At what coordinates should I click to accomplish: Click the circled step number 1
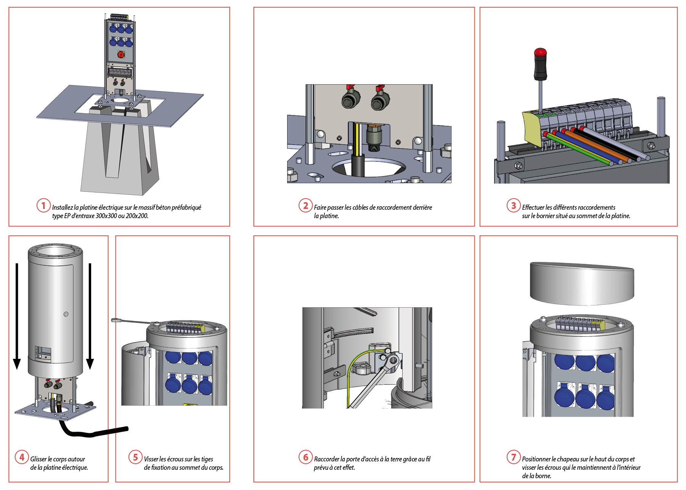tap(43, 206)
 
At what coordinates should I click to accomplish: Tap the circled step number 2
tap(305, 206)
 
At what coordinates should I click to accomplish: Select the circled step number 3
tap(514, 206)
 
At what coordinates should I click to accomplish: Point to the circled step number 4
tap(22, 457)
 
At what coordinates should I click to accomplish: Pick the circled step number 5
tap(135, 457)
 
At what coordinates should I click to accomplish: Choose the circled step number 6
tap(305, 457)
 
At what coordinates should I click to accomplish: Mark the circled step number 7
tap(514, 457)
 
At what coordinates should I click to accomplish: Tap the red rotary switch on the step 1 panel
tap(121, 55)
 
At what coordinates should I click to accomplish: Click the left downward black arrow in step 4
tap(17, 316)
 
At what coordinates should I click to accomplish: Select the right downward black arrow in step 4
tap(90, 316)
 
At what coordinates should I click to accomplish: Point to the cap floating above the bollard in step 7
tap(582, 283)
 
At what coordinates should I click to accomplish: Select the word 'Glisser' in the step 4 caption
tap(39, 459)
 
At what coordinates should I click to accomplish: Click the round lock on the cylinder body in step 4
tap(66, 314)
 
